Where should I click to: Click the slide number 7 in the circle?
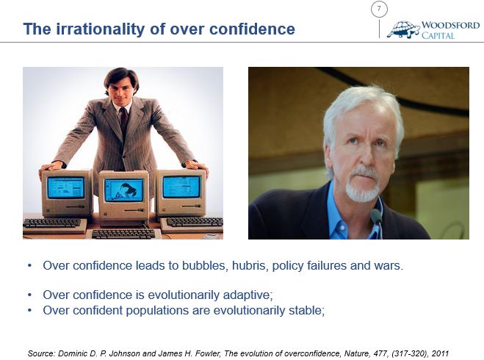click(x=379, y=9)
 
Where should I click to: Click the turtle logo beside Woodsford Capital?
click(x=403, y=29)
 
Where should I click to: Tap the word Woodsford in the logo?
click(x=451, y=25)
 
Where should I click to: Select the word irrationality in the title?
click(x=100, y=29)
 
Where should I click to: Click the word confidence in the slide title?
click(x=252, y=29)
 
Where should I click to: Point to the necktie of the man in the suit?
click(x=124, y=120)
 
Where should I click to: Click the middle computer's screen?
click(x=124, y=190)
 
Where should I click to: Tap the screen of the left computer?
click(x=66, y=187)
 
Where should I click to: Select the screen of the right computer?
click(x=181, y=187)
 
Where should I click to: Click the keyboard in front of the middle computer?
click(x=123, y=234)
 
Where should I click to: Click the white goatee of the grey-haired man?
click(x=362, y=186)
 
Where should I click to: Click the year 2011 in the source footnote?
click(x=440, y=353)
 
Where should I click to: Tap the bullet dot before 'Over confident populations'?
click(x=29, y=310)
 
